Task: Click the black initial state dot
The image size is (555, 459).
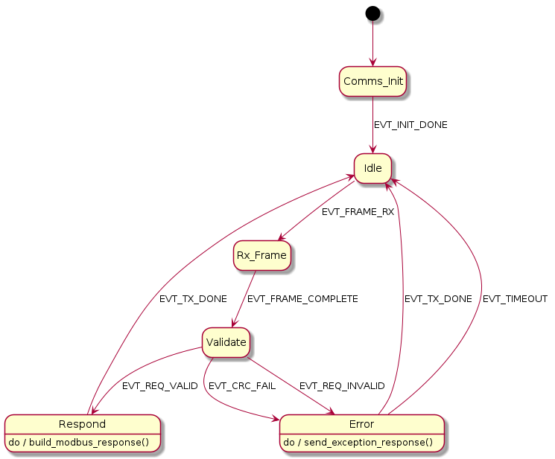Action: [x=372, y=13]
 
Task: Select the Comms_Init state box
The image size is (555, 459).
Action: [x=372, y=81]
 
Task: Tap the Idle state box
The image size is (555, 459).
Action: [x=372, y=169]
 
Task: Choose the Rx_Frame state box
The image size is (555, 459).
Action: [x=261, y=255]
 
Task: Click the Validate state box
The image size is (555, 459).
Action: [x=224, y=343]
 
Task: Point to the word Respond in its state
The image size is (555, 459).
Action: [x=82, y=424]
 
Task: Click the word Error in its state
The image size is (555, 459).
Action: [x=361, y=424]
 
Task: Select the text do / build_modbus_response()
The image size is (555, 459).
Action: [x=82, y=443]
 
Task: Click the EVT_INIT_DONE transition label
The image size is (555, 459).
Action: [x=410, y=125]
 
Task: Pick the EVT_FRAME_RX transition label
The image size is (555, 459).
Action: [x=358, y=212]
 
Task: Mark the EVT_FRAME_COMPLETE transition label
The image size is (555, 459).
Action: [x=302, y=299]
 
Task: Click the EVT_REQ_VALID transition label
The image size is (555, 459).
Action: [x=160, y=386]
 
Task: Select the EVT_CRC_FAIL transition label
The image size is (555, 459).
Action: [x=243, y=386]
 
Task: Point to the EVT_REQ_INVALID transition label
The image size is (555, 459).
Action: [x=342, y=386]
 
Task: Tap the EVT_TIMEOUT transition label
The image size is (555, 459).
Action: [x=515, y=299]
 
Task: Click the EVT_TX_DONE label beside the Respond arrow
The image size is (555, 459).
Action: [x=193, y=299]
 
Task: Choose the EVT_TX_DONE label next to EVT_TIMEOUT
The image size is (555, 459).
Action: [x=438, y=299]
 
